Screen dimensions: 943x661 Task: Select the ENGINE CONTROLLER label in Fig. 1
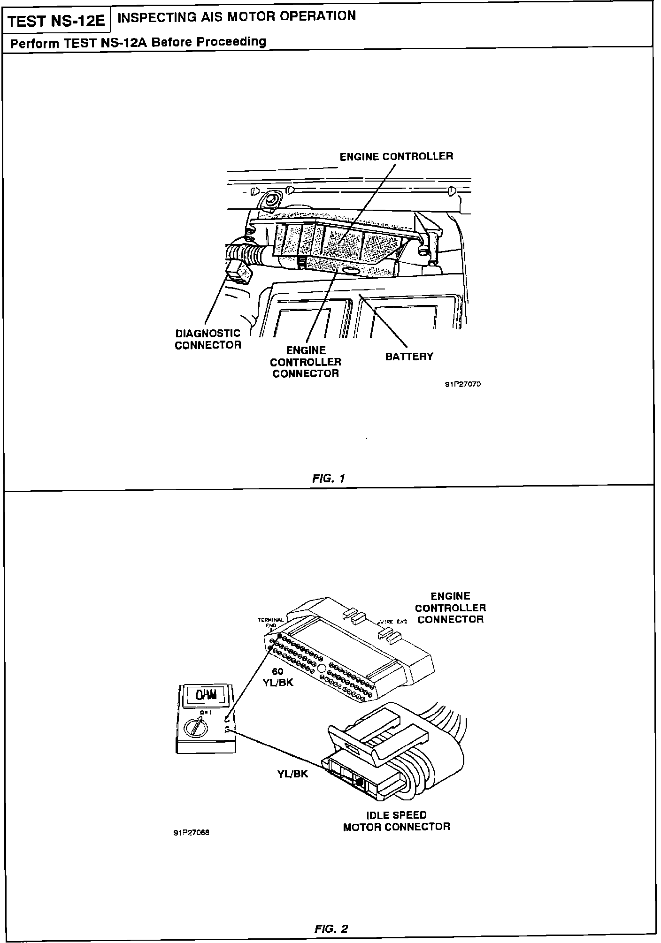[396, 157]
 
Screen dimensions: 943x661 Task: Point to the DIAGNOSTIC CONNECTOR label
[208, 339]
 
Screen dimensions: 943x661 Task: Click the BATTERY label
[409, 357]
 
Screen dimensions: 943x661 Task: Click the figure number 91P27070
[462, 384]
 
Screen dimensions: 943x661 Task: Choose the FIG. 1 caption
[329, 479]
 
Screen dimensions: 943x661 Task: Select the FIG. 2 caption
[331, 928]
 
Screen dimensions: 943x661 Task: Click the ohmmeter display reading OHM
[206, 695]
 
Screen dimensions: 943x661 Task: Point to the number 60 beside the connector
[277, 671]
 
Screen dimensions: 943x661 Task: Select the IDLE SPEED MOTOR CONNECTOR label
[396, 821]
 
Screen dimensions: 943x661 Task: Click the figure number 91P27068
[191, 833]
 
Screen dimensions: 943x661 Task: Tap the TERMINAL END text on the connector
[270, 622]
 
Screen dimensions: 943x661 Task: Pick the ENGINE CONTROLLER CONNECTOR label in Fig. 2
[450, 608]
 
